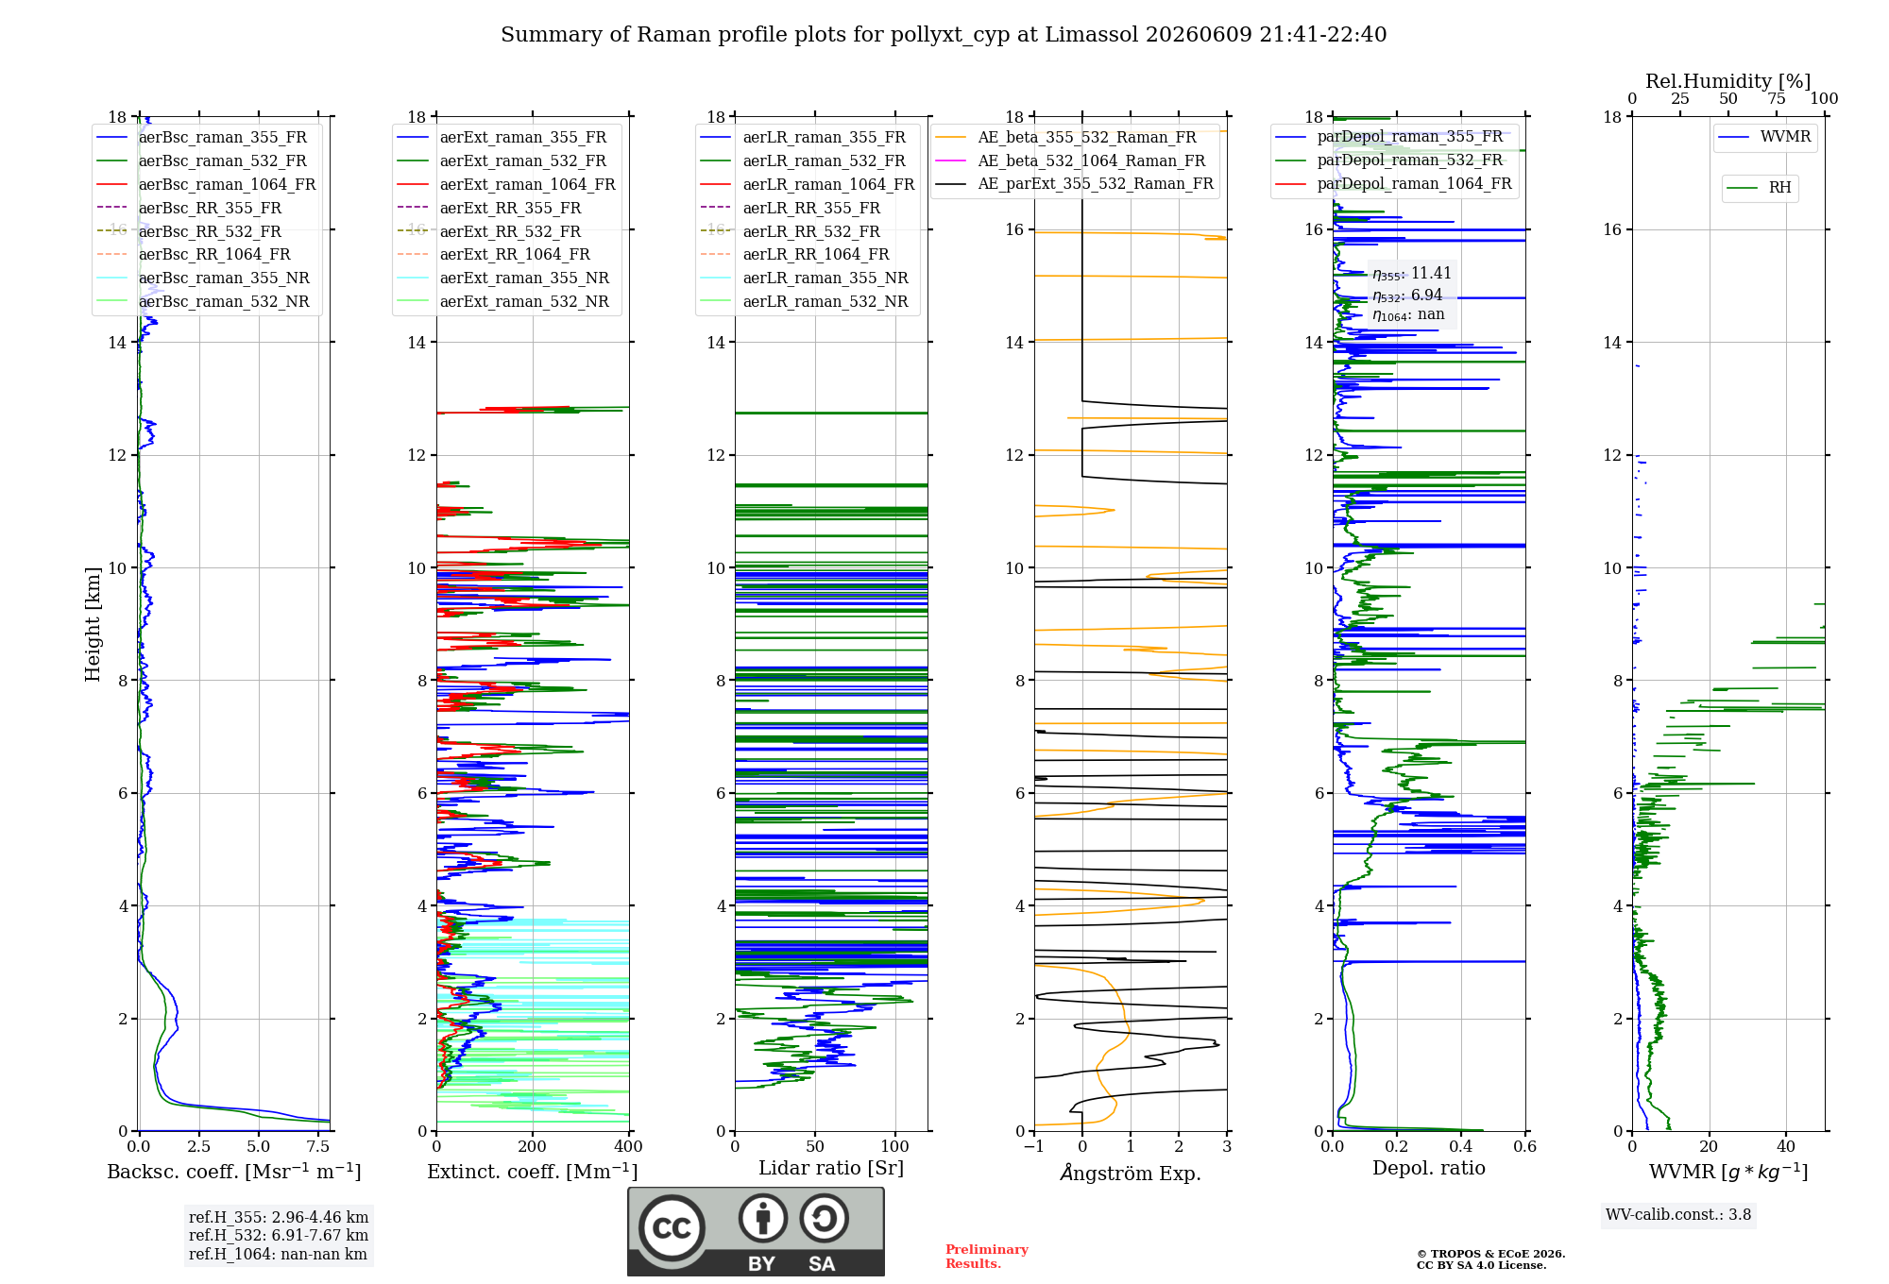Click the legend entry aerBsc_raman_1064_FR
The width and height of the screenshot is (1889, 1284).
click(206, 184)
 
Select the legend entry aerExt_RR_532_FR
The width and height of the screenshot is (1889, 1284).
click(489, 231)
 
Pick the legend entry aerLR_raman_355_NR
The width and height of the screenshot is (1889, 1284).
click(804, 278)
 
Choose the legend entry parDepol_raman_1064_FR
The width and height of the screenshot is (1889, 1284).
click(1393, 183)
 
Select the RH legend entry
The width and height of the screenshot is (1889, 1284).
click(1759, 188)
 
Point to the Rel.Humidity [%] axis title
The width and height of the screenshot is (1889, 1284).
click(1728, 81)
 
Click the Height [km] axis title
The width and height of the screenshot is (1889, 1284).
click(93, 624)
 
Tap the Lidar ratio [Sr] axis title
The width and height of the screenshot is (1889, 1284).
click(831, 1168)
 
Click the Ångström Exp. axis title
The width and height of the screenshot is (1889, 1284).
click(1131, 1173)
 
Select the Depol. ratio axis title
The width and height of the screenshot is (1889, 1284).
click(1429, 1168)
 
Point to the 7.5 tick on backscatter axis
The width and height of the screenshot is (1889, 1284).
click(318, 1146)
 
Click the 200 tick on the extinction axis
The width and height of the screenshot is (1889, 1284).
click(533, 1146)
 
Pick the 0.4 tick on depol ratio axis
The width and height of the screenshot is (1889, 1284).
click(1461, 1146)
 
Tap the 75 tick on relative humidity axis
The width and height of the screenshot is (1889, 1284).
click(1777, 98)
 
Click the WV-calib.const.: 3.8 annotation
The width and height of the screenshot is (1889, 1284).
click(1678, 1215)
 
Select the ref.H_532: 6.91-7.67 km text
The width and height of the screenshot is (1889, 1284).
click(279, 1235)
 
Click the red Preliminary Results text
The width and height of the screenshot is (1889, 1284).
click(987, 1257)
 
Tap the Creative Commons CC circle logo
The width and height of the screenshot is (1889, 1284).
click(672, 1228)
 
